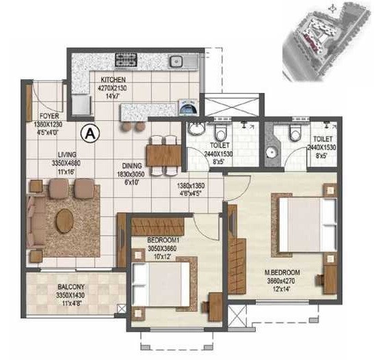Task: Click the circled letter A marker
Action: click(x=88, y=133)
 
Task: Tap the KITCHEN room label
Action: click(x=111, y=79)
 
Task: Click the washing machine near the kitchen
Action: click(x=187, y=107)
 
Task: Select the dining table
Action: click(x=163, y=151)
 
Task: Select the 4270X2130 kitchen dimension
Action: click(x=111, y=87)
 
